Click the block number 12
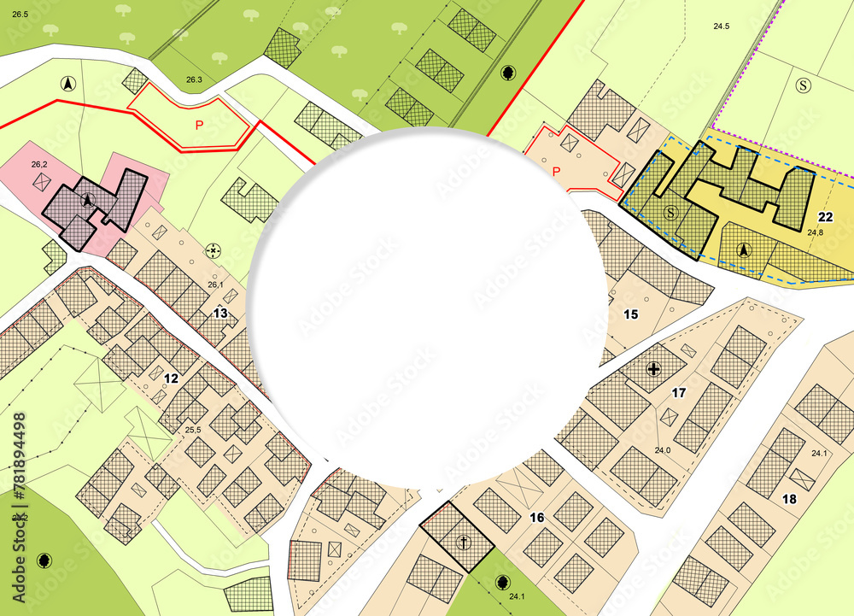pos(171,378)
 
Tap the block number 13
pos(220,313)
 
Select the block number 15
pos(630,314)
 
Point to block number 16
pos(536,517)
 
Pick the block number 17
pos(679,393)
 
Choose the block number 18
pos(788,498)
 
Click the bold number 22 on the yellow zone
pos(825,216)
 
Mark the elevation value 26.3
pos(194,80)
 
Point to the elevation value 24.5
pos(722,26)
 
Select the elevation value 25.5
pos(193,430)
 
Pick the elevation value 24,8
pos(815,232)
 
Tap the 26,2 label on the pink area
pos(38,163)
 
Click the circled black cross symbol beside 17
pos(654,369)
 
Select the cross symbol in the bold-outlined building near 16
pos(463,542)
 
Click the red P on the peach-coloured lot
pos(557,172)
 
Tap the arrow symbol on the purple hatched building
pos(87,200)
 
